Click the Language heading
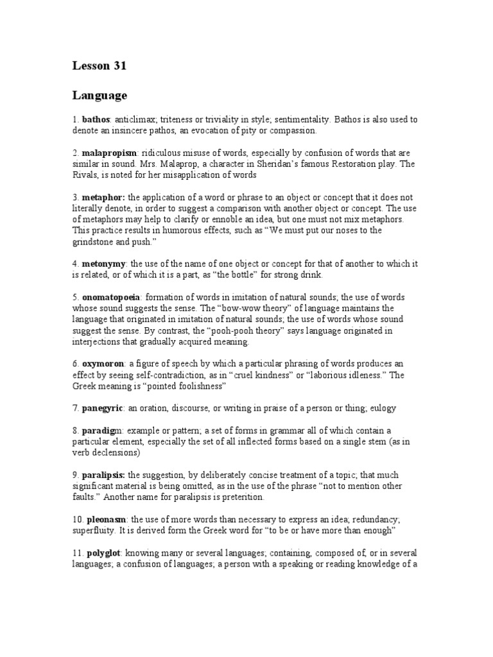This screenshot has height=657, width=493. [99, 96]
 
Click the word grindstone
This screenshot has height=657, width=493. [95, 242]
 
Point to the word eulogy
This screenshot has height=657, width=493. [383, 408]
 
